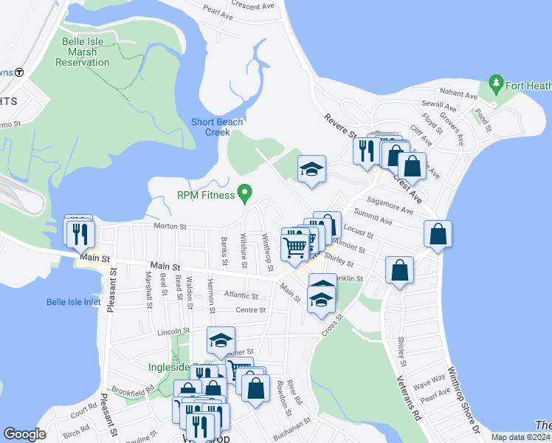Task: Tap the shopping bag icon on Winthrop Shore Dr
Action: [x=438, y=234]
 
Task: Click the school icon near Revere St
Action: [x=311, y=170]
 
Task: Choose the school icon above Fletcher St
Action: [x=221, y=340]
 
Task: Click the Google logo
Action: [x=24, y=434]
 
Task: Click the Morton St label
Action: [x=168, y=226]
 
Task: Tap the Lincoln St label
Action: [x=174, y=332]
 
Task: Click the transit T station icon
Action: [x=19, y=72]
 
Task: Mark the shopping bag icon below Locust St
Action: [x=399, y=271]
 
